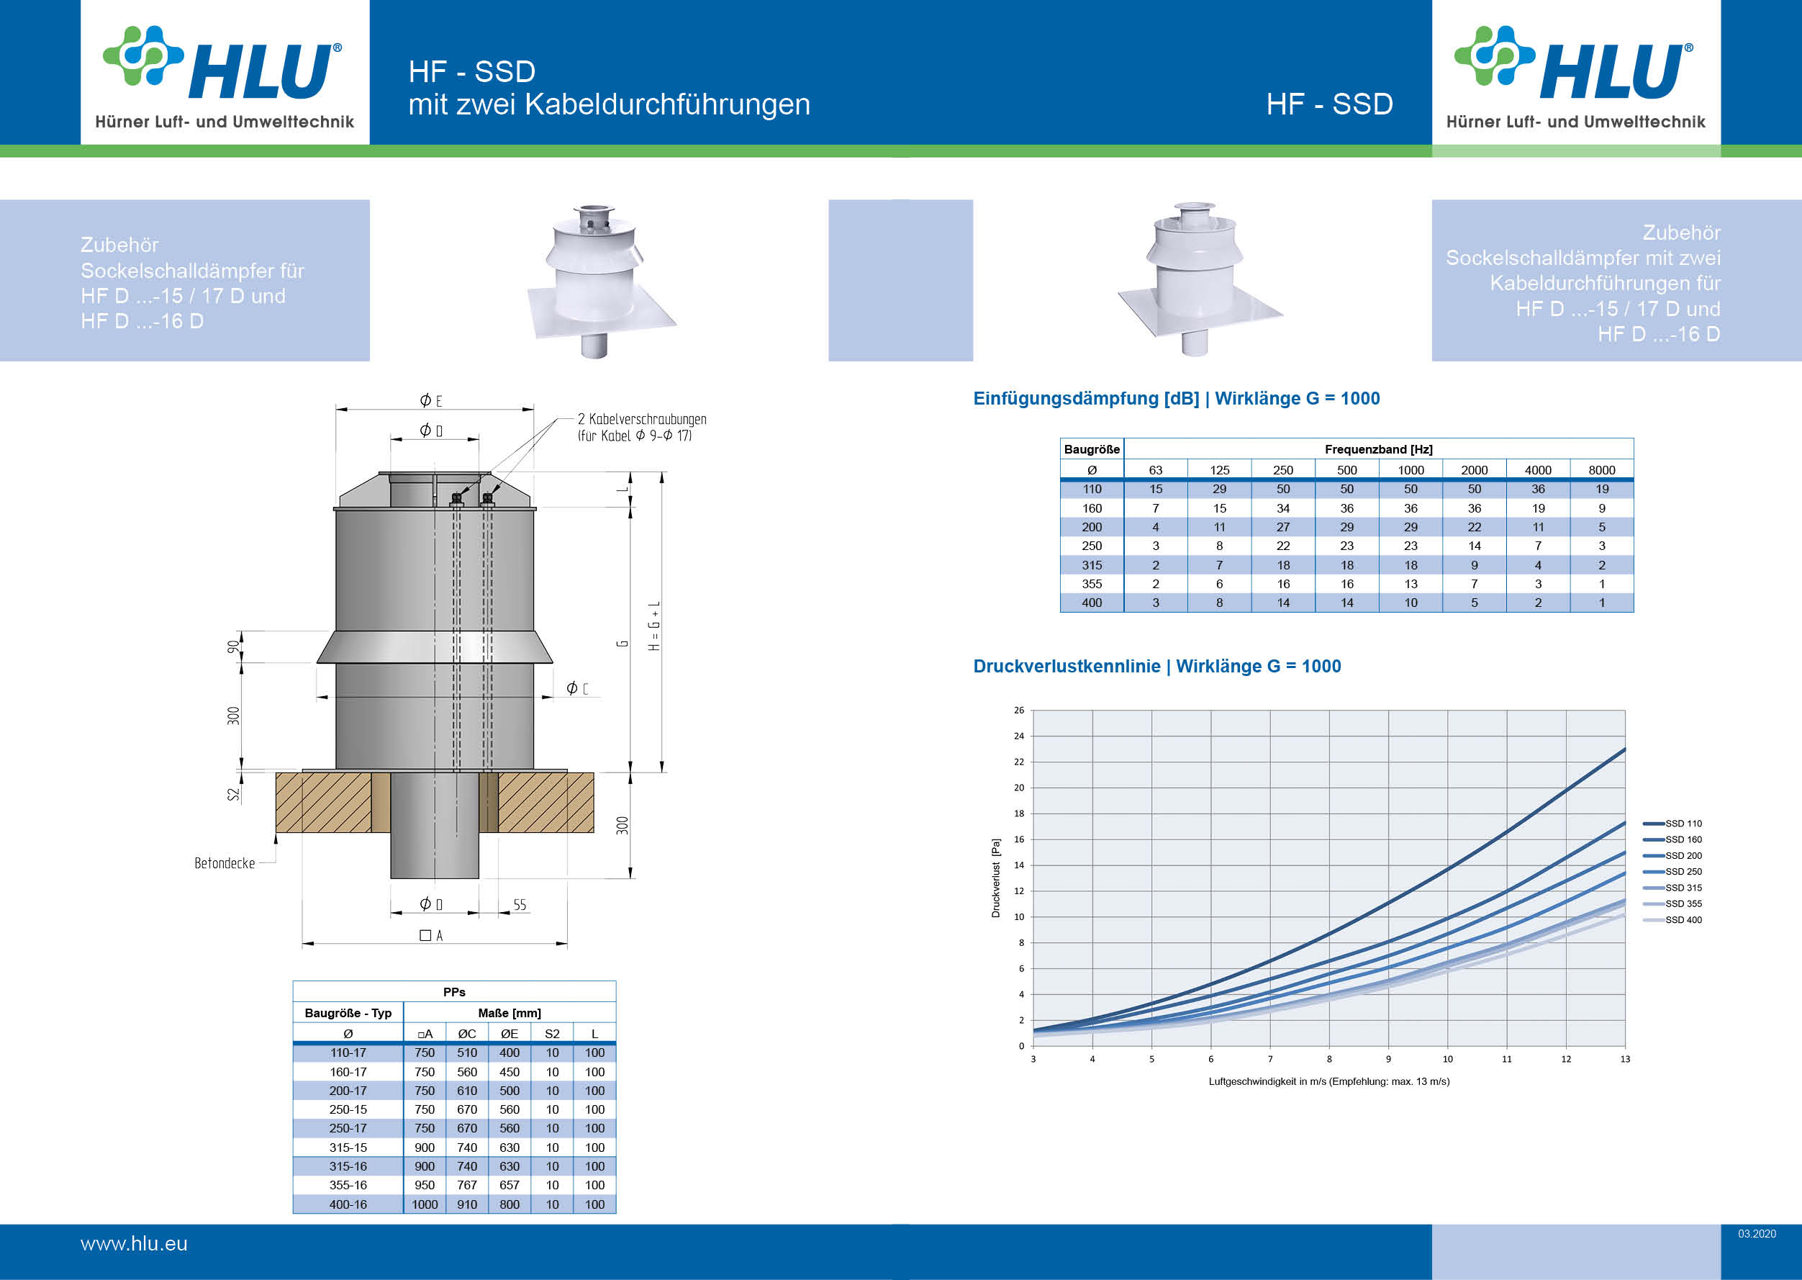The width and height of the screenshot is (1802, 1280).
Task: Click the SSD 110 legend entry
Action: tap(1672, 824)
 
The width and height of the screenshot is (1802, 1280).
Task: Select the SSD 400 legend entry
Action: tap(1672, 920)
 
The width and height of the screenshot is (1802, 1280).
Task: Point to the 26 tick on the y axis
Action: tap(1019, 710)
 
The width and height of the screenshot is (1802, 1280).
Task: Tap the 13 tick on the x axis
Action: tap(1625, 1059)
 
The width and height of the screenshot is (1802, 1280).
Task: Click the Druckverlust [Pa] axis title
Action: tap(996, 878)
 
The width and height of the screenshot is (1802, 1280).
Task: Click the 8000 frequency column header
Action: tap(1602, 470)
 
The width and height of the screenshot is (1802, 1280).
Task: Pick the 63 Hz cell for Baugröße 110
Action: tap(1156, 490)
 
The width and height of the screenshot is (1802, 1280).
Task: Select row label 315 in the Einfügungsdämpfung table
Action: tap(1092, 565)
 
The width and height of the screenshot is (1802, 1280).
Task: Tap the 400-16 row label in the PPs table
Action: tap(348, 1204)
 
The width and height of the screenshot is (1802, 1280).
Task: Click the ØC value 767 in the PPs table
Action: tap(467, 1186)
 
